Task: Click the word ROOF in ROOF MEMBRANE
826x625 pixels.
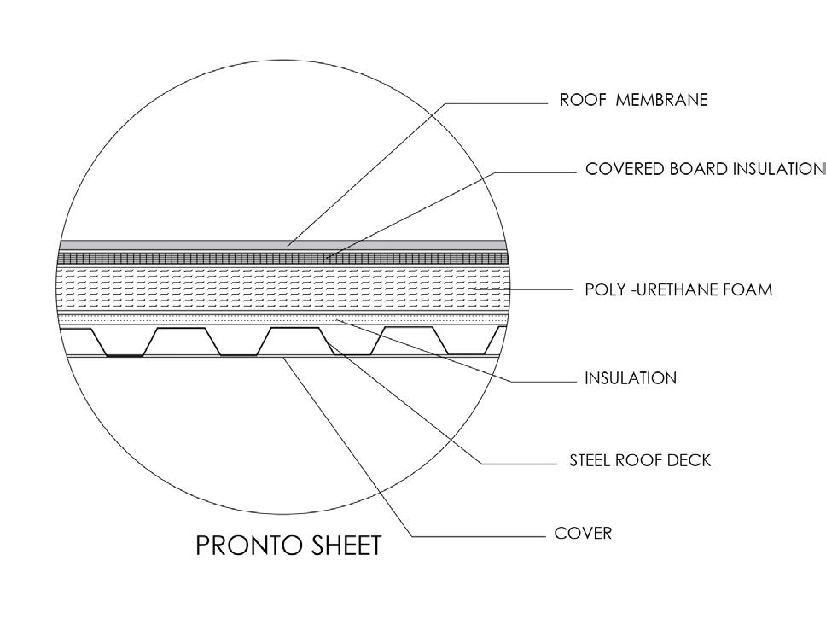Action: tap(577, 100)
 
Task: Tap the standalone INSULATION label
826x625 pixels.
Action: tap(630, 377)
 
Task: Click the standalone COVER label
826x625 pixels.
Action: tap(583, 534)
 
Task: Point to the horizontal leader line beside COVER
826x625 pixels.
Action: tap(478, 536)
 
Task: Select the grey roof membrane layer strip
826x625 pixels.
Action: tap(171, 245)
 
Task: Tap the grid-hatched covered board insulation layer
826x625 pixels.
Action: tap(171, 257)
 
